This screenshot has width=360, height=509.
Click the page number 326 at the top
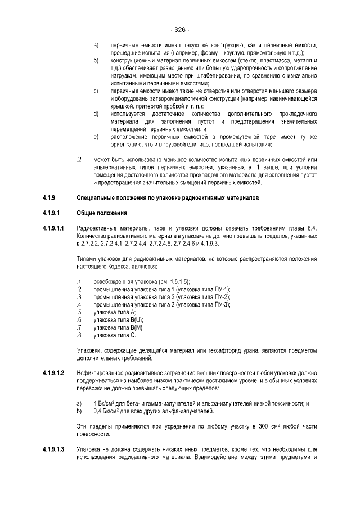(179, 30)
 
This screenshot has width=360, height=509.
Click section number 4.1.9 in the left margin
(49, 198)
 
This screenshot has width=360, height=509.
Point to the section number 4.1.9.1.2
(54, 373)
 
